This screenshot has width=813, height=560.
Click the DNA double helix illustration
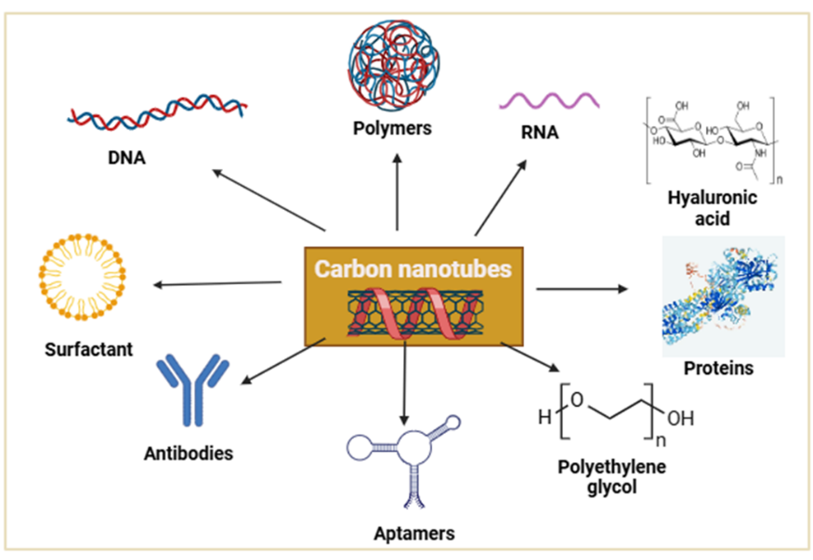156,113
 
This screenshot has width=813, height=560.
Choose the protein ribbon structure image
722,295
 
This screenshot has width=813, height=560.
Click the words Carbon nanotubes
413,268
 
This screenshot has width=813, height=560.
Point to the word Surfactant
88,350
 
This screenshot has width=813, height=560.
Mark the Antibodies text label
189,454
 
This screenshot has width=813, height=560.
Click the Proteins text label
717,369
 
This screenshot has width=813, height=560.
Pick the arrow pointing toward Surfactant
217,282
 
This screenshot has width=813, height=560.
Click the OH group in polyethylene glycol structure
680,419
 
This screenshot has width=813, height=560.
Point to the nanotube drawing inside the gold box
413,313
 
